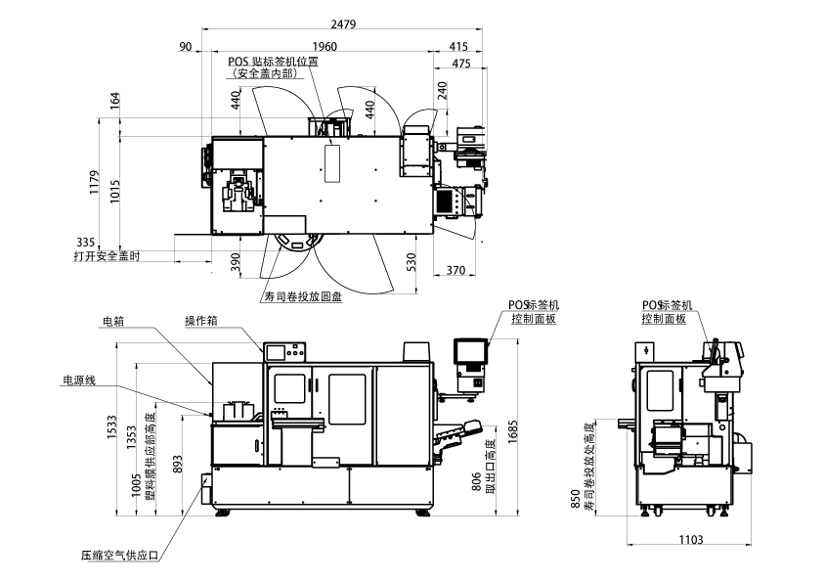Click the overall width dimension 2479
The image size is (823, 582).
(343, 24)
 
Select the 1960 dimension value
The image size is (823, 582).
(325, 47)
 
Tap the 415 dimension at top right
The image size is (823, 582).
(458, 47)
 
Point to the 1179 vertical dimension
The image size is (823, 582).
(95, 182)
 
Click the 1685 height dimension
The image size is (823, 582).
(513, 431)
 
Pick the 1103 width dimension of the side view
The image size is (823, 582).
(691, 540)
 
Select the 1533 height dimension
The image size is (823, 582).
(111, 427)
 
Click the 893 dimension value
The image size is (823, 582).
(178, 464)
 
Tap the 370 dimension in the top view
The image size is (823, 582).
(455, 270)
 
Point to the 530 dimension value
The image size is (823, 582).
(411, 262)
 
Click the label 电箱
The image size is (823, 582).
(113, 322)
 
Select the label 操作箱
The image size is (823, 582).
(200, 321)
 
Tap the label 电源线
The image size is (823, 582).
(79, 380)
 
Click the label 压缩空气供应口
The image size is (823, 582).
(119, 556)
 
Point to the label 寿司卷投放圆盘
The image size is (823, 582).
(303, 296)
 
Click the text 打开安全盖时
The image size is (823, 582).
(108, 256)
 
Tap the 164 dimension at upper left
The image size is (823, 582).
(115, 101)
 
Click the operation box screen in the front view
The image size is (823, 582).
(276, 352)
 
